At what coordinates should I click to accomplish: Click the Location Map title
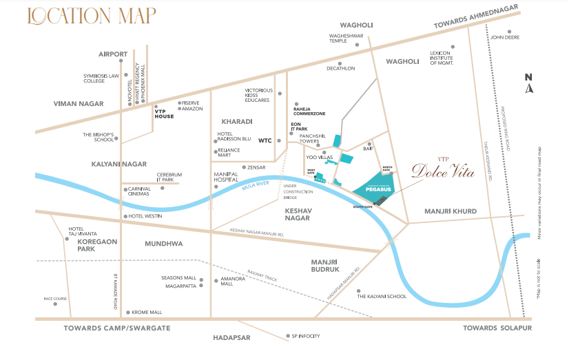[x=92, y=14]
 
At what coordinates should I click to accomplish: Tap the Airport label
[x=113, y=54]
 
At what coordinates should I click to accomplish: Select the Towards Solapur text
[x=497, y=328]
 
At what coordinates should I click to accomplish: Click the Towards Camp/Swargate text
[x=116, y=328]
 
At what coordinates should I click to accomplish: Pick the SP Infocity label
[x=307, y=337]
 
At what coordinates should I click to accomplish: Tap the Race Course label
[x=55, y=299]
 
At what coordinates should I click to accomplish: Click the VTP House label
[x=164, y=114]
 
